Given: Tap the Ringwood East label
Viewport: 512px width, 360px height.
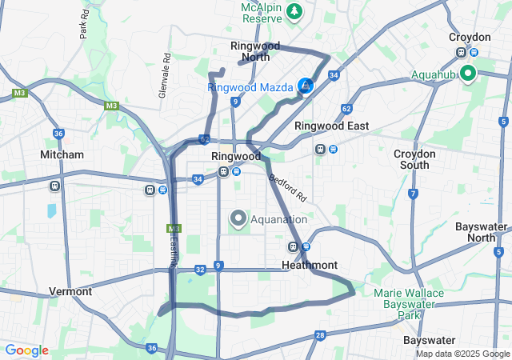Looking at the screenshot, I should coord(331,126).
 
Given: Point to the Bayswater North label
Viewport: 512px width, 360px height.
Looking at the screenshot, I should coord(481,232).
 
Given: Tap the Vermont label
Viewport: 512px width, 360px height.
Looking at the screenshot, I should coord(70,291).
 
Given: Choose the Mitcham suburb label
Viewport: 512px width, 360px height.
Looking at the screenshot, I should coord(62,154).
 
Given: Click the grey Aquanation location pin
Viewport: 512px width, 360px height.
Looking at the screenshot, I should coord(238,218).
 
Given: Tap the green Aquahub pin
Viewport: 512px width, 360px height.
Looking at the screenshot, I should coord(466,74).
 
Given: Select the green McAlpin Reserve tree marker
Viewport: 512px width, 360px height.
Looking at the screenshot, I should coord(295,11).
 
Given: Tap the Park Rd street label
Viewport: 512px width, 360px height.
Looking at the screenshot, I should coord(84,25).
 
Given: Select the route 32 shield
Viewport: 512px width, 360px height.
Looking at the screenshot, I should coord(200,270).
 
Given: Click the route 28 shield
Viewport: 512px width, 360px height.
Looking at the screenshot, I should coord(320,335).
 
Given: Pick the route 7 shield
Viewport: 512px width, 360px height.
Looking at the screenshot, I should coord(413,194).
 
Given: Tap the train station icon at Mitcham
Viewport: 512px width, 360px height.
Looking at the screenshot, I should coord(55,186).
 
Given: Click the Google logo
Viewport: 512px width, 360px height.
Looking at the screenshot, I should coord(26,350).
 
